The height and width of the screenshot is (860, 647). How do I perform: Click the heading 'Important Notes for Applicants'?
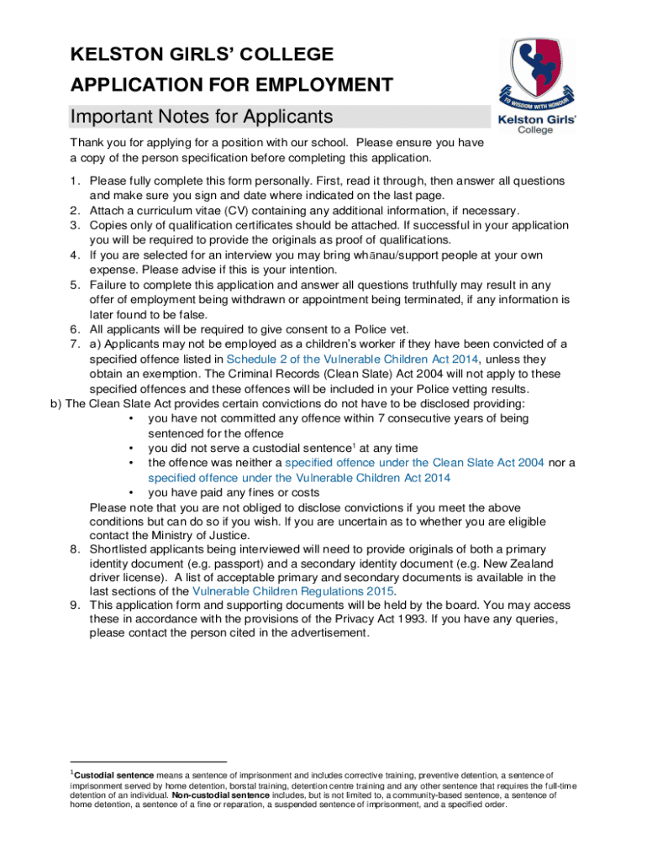(x=202, y=116)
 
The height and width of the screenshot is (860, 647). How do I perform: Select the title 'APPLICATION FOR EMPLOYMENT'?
(x=231, y=85)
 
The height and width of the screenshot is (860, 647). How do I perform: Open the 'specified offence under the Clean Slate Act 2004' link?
(x=415, y=463)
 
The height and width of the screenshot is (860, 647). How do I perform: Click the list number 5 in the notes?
(x=74, y=284)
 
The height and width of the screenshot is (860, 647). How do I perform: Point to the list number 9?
(x=74, y=606)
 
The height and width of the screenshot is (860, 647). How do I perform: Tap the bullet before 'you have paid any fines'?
(x=130, y=493)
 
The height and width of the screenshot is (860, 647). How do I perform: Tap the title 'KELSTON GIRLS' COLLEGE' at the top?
(x=202, y=55)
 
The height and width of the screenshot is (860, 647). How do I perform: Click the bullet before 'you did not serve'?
(x=130, y=448)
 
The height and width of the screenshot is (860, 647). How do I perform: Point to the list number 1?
(x=74, y=181)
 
